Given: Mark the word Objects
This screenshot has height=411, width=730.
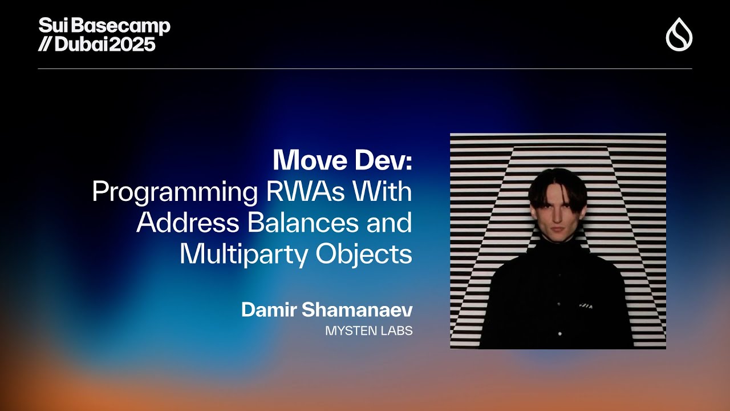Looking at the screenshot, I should (x=364, y=255).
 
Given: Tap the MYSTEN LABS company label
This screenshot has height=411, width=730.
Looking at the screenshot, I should (x=368, y=331).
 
